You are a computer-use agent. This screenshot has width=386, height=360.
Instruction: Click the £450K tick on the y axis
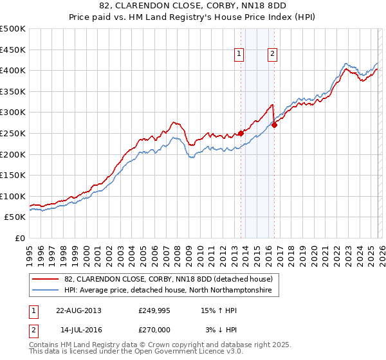coord(13,50)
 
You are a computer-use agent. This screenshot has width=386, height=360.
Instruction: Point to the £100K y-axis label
coord(13,196)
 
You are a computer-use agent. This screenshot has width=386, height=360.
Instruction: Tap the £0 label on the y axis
coord(19,239)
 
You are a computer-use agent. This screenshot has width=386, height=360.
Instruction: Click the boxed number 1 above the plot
coord(239,55)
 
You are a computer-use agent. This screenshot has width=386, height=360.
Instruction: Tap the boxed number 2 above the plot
coord(273,55)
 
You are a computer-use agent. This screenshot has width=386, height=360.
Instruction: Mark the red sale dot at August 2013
coord(241,133)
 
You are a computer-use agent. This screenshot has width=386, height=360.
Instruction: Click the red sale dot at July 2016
coord(274,125)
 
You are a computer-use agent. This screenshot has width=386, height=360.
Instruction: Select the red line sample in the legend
coord(46,279)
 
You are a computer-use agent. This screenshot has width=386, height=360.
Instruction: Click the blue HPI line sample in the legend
coord(46,291)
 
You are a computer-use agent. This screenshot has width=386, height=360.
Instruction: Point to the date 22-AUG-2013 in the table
coord(78,310)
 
